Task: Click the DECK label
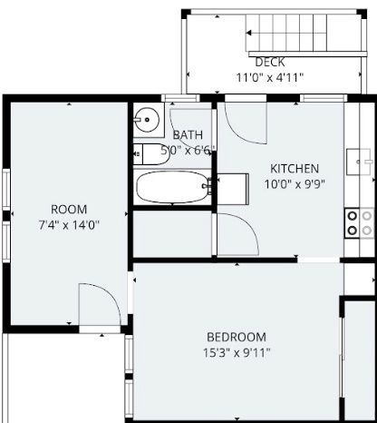[x=270, y=62]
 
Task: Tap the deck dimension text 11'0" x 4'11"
[x=269, y=77]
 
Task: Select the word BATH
[x=188, y=135]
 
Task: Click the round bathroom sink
[x=147, y=120]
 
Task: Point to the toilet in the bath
[x=150, y=154]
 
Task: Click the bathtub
[x=172, y=187]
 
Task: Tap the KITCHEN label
[x=295, y=169]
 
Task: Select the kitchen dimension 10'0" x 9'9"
[x=295, y=184]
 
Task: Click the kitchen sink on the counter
[x=359, y=162]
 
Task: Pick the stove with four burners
[x=360, y=223]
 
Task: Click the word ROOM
[x=69, y=210]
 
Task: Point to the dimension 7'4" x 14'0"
[x=69, y=225]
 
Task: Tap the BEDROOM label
[x=237, y=337]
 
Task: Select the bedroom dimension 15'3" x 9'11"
[x=237, y=353]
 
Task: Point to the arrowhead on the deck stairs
[x=249, y=33]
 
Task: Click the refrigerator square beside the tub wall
[x=233, y=189]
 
